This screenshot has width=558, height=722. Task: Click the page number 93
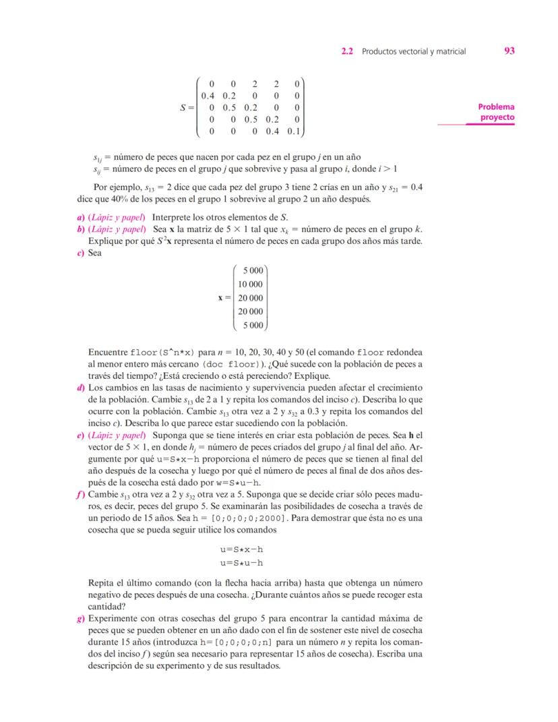[509, 51]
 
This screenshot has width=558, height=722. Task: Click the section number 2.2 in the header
[348, 51]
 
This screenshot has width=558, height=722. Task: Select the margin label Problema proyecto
[496, 112]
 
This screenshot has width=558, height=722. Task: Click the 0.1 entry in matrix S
[294, 131]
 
